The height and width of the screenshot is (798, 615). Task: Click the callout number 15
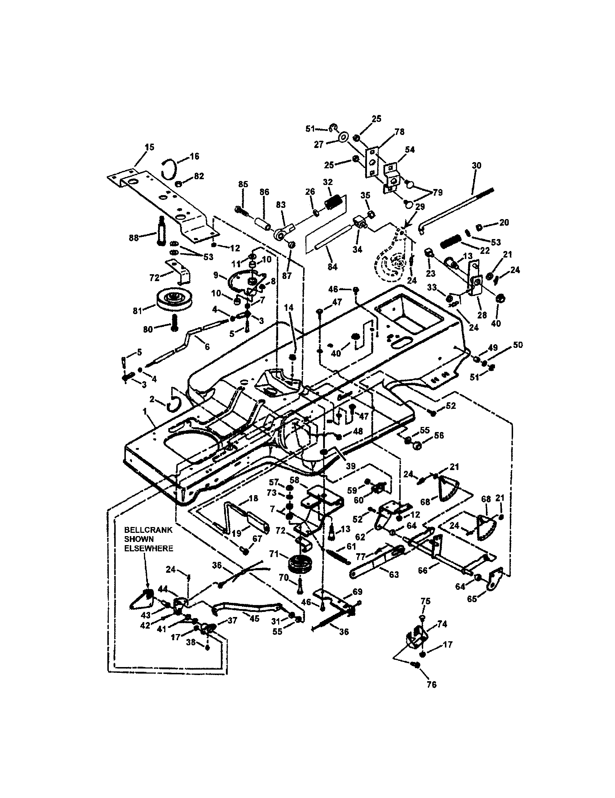[149, 147]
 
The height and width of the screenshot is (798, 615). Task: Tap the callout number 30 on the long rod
[476, 165]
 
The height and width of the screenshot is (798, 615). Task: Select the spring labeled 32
[333, 202]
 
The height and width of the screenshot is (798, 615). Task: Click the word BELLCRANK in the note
[148, 530]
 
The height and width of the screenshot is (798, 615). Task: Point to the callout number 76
[431, 684]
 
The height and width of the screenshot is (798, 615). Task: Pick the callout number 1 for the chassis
[145, 411]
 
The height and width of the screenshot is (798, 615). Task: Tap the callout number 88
[134, 238]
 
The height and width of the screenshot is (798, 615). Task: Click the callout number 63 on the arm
[394, 575]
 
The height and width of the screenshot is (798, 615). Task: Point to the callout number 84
[332, 267]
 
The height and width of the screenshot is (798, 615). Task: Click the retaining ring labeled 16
[170, 169]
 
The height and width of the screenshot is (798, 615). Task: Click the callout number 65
[472, 599]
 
